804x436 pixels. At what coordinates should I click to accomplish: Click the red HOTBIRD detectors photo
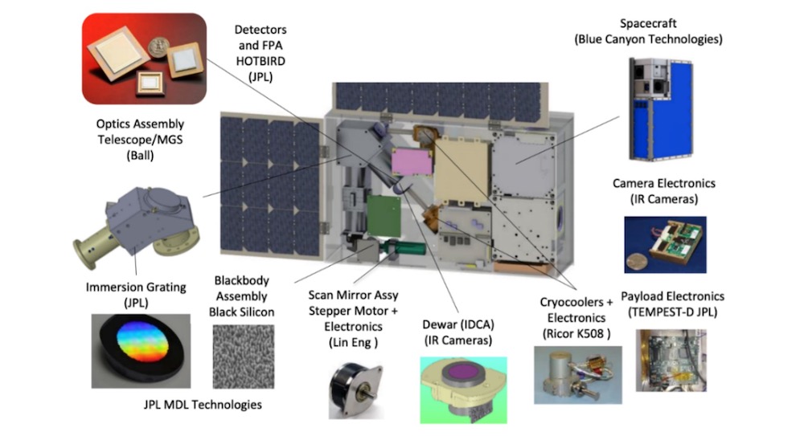tap(144, 59)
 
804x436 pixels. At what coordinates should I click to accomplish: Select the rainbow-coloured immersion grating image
tap(141, 351)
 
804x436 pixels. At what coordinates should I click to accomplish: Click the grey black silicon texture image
tap(244, 357)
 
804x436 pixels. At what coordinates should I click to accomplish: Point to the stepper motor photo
tap(355, 390)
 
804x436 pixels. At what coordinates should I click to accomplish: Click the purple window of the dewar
tap(465, 370)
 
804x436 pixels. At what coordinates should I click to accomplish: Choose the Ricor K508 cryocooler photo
tap(578, 375)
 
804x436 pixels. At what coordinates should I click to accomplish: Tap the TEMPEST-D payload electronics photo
tap(671, 361)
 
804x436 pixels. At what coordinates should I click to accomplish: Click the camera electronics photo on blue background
tap(665, 244)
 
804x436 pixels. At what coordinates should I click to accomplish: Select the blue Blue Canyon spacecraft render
tap(661, 109)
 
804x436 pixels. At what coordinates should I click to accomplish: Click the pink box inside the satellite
tap(411, 161)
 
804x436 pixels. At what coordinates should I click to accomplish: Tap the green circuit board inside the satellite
tap(384, 216)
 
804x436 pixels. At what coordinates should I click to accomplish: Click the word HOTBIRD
tap(260, 61)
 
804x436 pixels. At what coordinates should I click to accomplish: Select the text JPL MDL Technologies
tap(203, 405)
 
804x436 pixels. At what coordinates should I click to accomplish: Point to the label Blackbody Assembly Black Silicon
tap(241, 296)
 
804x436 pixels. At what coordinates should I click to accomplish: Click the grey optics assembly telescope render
tap(136, 226)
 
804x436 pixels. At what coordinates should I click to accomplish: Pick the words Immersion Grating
tap(136, 287)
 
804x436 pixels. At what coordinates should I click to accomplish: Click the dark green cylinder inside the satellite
tap(408, 249)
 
